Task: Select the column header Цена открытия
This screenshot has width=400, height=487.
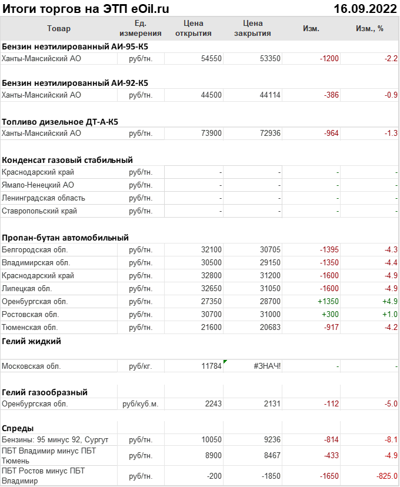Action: coord(194,28)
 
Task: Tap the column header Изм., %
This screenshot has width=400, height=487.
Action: coord(369,28)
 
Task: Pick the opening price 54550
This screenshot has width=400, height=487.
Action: coord(211,59)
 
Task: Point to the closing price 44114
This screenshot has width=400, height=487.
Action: coord(270,95)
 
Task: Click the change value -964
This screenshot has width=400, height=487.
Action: coord(331,134)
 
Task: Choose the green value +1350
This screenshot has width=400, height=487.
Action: coord(328,301)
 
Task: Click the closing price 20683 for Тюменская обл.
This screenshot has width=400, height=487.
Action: coord(270,327)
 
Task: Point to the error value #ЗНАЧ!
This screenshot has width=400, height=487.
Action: coord(267,366)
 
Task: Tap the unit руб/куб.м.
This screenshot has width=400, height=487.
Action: coord(141,404)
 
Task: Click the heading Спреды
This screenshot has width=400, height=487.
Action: coord(18,428)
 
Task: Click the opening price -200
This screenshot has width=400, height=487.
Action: coord(212,476)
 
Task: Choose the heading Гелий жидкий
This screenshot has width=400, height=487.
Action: coord(31,341)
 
